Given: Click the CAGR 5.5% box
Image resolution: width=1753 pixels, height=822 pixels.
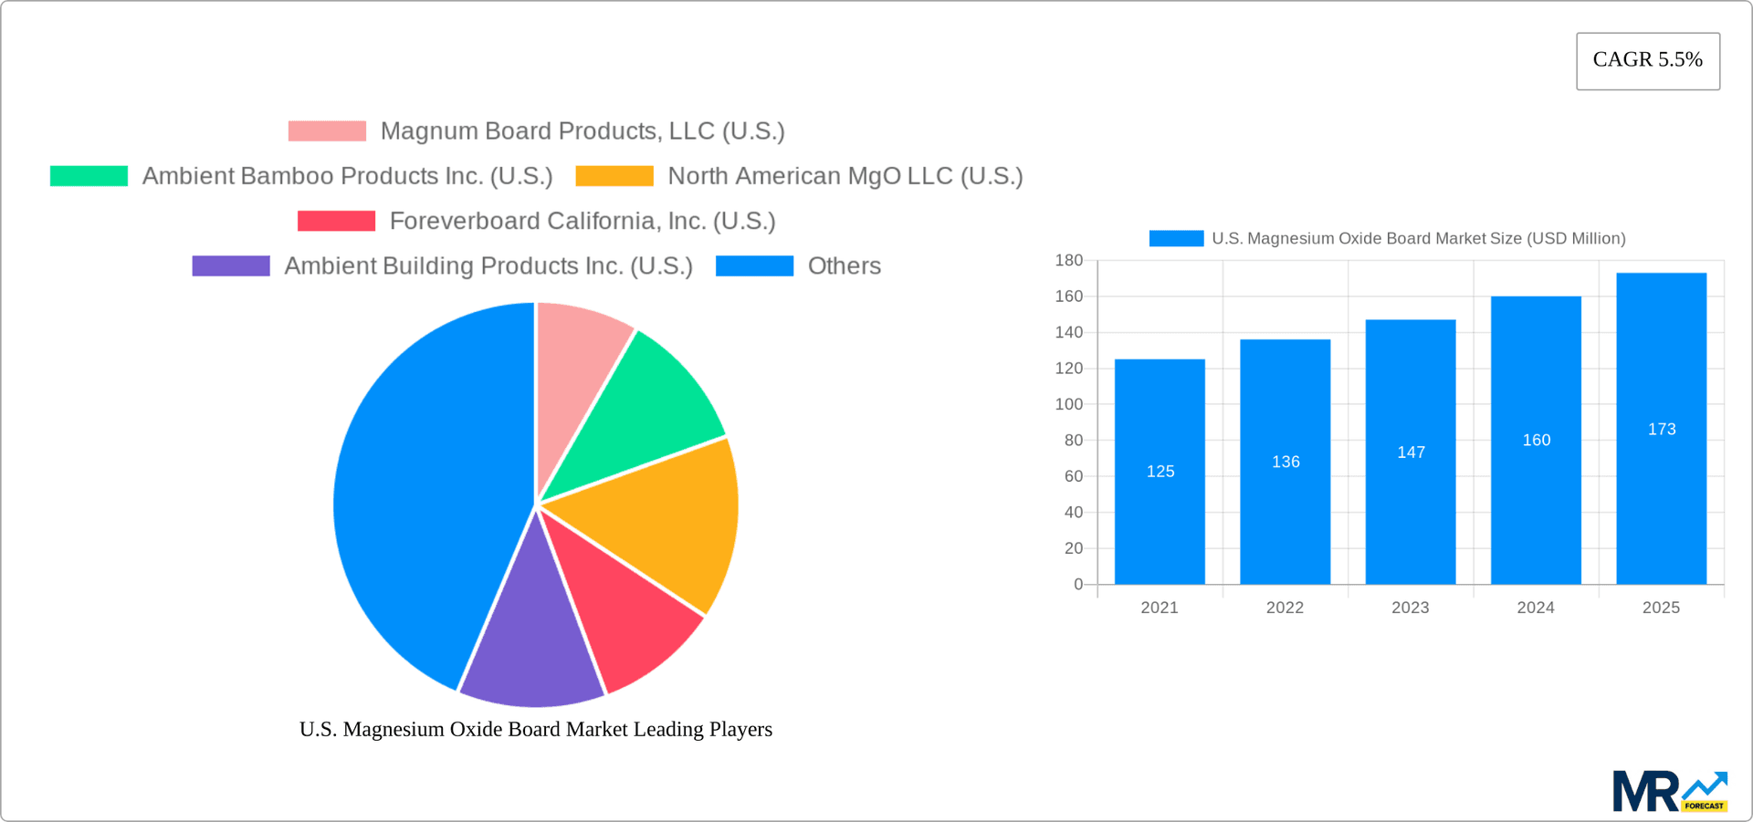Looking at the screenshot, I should click(1647, 61).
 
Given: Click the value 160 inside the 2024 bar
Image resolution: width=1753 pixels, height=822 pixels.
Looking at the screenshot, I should click(1536, 441).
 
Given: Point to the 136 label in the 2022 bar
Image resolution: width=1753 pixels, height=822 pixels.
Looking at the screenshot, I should click(1286, 463).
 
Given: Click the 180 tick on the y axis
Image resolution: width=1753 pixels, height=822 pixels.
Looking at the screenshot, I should click(1069, 261).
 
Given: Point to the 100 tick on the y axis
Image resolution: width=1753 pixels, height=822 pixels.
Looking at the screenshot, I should click(1069, 404).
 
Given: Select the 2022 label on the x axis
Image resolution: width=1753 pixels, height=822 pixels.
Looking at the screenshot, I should click(1285, 608).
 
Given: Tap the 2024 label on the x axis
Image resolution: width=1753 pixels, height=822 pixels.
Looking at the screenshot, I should click(1536, 608).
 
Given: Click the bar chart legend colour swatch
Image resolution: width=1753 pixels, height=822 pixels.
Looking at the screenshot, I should click(1176, 239).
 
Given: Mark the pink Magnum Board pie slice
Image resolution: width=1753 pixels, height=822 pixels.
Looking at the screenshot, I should click(575, 365).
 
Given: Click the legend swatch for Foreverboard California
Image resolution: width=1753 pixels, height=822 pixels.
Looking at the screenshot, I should click(336, 221).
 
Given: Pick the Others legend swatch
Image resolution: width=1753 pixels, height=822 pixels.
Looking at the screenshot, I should click(754, 266).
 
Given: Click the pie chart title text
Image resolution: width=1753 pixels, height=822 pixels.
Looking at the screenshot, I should click(536, 730).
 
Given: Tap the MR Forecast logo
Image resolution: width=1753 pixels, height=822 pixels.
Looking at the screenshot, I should click(1669, 791).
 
